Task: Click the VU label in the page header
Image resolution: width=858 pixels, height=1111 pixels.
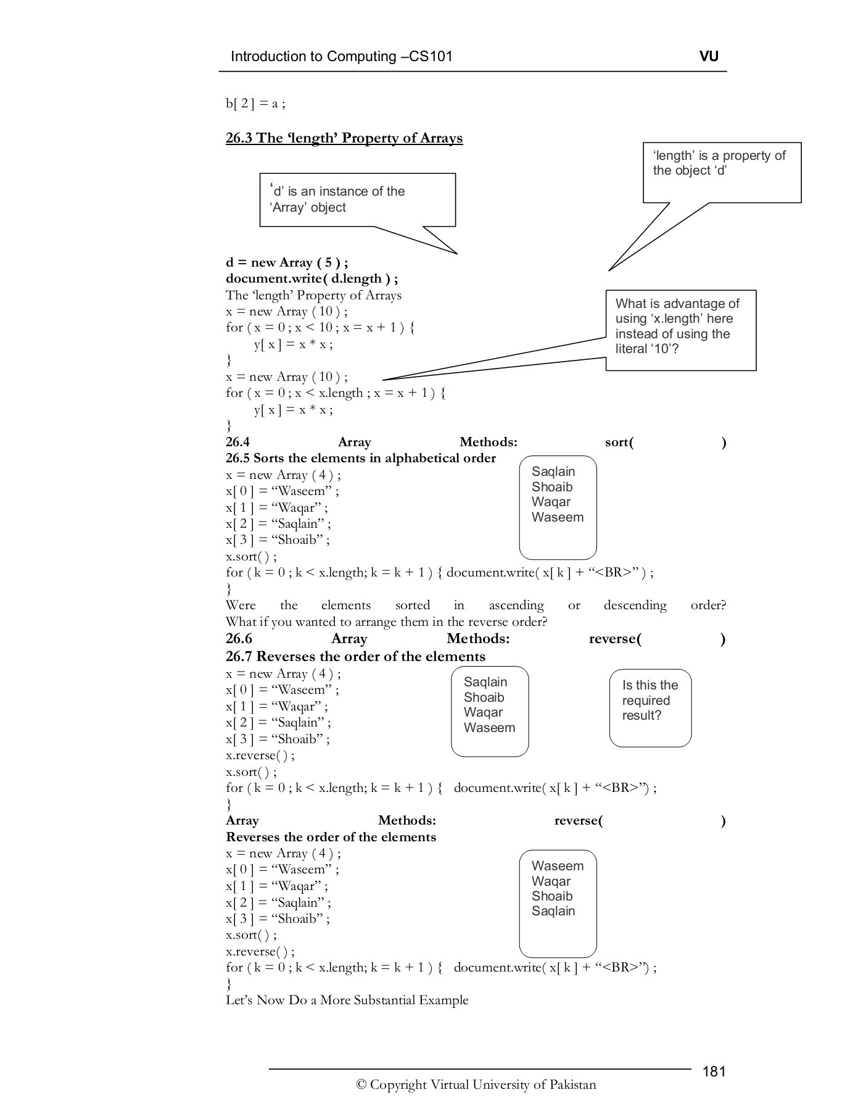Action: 709,56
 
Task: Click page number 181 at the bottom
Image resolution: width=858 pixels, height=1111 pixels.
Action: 714,1071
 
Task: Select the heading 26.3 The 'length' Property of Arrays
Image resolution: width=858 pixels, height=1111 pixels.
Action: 344,138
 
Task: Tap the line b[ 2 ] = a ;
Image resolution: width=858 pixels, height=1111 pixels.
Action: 255,103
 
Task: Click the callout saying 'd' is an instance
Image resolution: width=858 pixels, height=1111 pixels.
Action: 357,199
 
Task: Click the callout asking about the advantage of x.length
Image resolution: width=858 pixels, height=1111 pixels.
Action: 680,326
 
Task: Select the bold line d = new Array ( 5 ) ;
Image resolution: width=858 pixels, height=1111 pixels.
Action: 287,262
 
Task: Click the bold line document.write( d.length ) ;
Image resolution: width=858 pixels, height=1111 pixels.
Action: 311,278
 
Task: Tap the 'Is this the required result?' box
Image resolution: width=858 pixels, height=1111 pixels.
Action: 650,701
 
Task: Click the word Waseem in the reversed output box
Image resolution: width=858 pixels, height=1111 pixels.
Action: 557,865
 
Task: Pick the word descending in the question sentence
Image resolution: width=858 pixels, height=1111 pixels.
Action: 635,605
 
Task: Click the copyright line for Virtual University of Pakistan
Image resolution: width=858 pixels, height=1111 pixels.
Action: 476,1084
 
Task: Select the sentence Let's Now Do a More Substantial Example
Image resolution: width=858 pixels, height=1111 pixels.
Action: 347,1000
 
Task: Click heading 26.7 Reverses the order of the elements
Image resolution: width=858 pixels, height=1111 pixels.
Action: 355,656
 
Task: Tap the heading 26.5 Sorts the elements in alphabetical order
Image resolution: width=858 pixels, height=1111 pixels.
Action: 360,458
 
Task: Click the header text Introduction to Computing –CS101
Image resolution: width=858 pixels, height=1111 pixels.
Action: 341,57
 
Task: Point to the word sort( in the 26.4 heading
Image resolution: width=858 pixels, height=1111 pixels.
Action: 619,442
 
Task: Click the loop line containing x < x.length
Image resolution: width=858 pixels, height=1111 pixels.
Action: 335,393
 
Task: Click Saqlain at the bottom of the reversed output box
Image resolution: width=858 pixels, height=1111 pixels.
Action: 553,911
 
